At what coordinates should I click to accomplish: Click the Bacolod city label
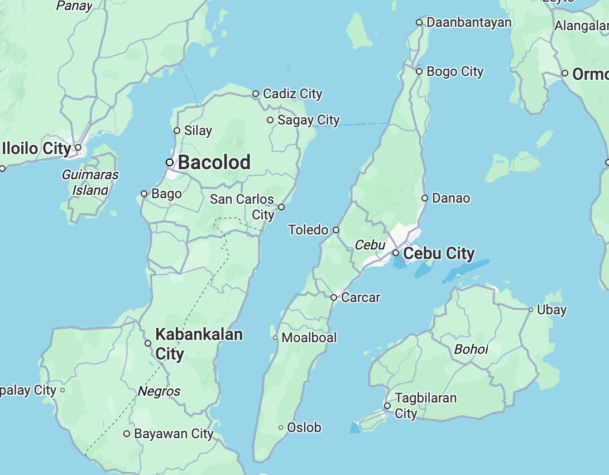(214, 162)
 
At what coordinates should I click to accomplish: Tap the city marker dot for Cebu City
(396, 253)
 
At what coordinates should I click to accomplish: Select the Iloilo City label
(37, 148)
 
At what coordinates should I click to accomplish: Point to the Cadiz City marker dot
(256, 94)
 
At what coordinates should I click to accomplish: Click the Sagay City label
(309, 120)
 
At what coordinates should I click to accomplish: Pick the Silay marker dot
(177, 131)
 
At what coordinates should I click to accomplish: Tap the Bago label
(166, 194)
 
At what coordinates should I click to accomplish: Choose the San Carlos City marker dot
(281, 207)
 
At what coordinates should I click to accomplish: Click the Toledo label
(309, 229)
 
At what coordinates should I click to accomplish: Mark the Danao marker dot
(425, 198)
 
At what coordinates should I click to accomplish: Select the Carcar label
(361, 298)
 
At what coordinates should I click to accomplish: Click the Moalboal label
(309, 338)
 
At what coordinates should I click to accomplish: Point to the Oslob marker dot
(281, 428)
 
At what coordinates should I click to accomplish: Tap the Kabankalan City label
(199, 344)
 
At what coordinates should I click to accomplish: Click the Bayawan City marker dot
(127, 434)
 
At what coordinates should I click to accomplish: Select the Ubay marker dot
(531, 309)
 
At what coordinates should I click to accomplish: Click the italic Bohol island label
(471, 350)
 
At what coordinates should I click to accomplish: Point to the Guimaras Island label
(90, 183)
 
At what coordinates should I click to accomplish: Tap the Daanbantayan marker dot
(419, 22)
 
